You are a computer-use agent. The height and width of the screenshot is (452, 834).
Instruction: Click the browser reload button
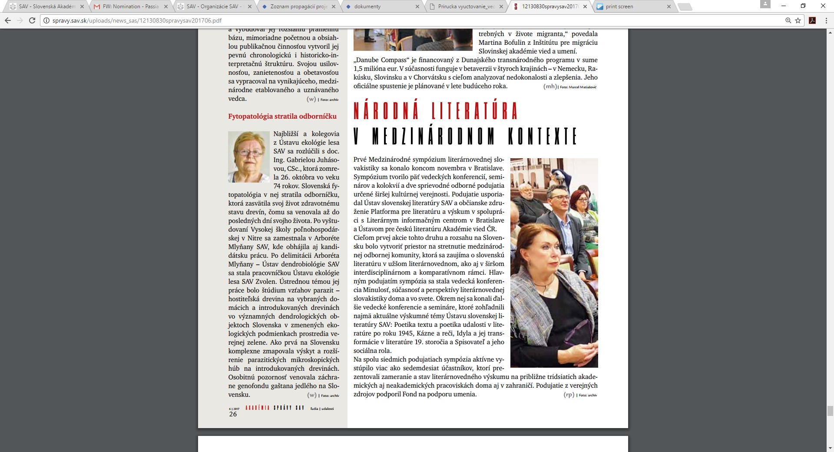[x=32, y=20]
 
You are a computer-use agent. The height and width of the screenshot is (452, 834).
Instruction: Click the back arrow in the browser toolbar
[x=8, y=20]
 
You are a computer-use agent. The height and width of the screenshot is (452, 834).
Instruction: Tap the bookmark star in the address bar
[x=798, y=20]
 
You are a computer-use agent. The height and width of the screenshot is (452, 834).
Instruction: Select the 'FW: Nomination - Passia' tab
[x=130, y=7]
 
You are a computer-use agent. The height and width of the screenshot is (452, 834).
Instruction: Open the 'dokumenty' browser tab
[x=367, y=7]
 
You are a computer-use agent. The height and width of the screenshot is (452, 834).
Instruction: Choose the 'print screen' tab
[x=619, y=7]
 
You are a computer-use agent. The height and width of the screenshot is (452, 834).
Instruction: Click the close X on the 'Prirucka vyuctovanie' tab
[x=501, y=7]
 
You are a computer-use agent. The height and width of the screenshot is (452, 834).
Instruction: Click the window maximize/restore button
[x=803, y=6]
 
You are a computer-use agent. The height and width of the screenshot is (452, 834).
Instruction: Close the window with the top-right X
[x=823, y=6]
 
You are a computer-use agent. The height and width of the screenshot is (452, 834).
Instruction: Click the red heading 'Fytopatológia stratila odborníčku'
[x=282, y=116]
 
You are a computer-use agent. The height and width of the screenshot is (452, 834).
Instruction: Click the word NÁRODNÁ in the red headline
[x=386, y=110]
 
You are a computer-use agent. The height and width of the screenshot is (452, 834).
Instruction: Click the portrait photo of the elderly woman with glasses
[x=248, y=157]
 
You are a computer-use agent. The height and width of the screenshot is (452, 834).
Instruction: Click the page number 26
[x=233, y=414]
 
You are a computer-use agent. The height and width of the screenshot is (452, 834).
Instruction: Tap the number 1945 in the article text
[x=406, y=333]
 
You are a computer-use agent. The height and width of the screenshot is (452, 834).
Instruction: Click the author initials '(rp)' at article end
[x=569, y=395]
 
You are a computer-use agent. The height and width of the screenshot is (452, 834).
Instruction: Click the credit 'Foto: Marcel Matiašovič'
[x=578, y=87]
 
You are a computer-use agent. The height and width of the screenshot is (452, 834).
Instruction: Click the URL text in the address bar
[x=137, y=20]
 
